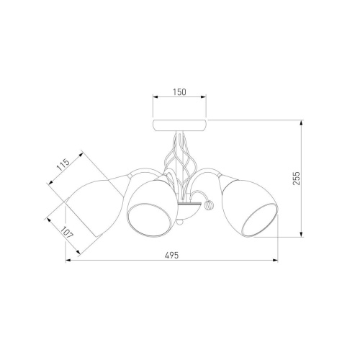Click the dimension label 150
pos(179,92)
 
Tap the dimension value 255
pos(297,178)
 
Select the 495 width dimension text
pos(172,255)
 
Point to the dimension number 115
pos(63,165)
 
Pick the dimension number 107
pos(67,233)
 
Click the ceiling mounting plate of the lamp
pos(179,125)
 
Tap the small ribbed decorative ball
pos(208,205)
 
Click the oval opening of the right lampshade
pos(259,220)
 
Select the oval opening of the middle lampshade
pos(149,220)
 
